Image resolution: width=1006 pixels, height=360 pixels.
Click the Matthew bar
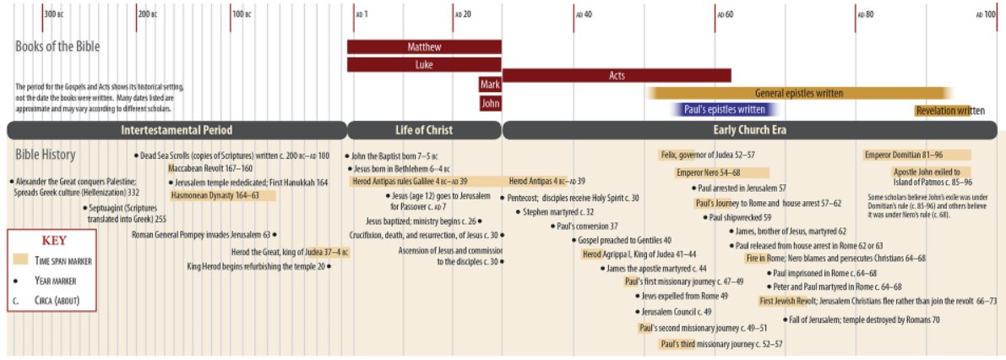click(424, 46)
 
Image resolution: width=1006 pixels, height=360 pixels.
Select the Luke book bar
click(424, 65)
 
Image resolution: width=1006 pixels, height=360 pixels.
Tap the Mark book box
click(490, 84)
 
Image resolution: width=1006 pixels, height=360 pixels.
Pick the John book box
click(490, 102)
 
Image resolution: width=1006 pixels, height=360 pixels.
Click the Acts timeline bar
click(617, 76)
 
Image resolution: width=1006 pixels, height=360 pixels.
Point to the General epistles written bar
click(799, 93)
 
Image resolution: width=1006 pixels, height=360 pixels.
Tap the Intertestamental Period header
click(177, 130)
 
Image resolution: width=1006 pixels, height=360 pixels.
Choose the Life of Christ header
click(424, 130)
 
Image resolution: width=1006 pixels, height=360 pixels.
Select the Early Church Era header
click(749, 130)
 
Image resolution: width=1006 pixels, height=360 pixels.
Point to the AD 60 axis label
click(726, 14)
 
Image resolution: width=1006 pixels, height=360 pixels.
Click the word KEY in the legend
click(54, 242)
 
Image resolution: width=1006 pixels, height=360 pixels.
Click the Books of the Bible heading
click(57, 46)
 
